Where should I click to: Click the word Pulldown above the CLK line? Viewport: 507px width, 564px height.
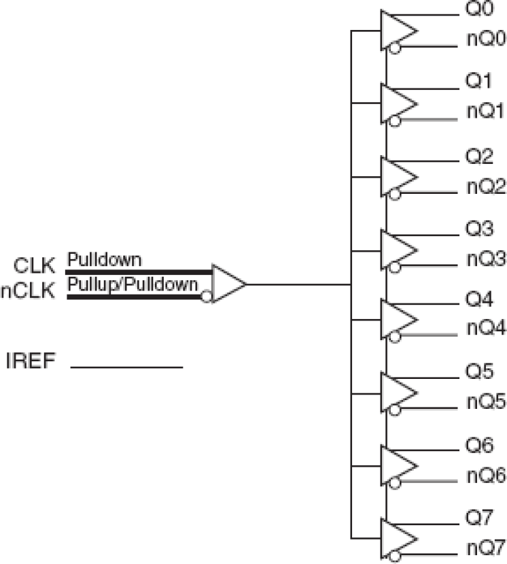[x=104, y=259]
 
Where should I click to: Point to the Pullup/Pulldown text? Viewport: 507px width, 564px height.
[x=132, y=283]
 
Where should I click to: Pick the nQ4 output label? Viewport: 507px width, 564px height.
[x=485, y=328]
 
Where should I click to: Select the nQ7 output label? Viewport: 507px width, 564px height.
[x=485, y=546]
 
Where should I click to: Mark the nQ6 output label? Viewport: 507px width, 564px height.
[x=485, y=474]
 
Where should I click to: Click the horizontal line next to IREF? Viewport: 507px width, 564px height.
[x=126, y=367]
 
